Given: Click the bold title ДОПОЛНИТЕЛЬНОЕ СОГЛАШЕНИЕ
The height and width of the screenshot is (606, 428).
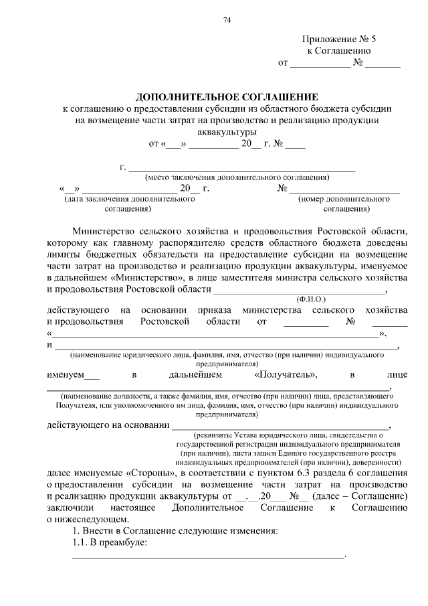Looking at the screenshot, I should pos(227,96).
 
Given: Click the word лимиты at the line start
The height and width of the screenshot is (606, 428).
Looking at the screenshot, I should pos(64,255).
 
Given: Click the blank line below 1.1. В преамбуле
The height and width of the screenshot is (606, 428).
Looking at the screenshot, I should pos(208,555).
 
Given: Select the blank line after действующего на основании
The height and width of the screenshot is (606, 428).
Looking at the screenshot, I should pos(280,425).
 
